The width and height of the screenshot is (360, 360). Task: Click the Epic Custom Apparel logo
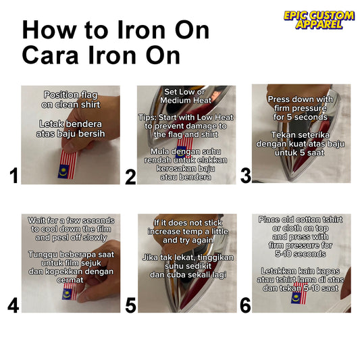[x=319, y=20]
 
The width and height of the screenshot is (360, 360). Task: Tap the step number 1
[x=14, y=176]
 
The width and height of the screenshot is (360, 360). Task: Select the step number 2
[x=130, y=177]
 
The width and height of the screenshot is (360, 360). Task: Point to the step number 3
[x=245, y=176]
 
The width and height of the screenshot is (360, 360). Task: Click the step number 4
[x=13, y=305]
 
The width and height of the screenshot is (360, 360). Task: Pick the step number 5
[x=130, y=305]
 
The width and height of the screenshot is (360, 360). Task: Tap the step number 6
[x=245, y=305]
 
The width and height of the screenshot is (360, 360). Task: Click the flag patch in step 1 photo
[x=68, y=164]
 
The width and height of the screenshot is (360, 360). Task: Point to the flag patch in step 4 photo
[x=70, y=291]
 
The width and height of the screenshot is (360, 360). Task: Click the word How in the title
[x=49, y=30]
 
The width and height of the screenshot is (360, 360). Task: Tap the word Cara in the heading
[x=50, y=55]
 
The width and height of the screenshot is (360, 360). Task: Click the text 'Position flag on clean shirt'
[x=71, y=100]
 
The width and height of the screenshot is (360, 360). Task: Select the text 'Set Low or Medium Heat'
[x=186, y=96]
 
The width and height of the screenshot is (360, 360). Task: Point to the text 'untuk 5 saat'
[x=300, y=153]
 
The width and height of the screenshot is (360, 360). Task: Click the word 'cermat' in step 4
[x=70, y=280]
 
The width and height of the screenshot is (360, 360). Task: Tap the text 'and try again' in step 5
[x=188, y=240]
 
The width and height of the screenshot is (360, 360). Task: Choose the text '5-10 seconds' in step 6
[x=301, y=254]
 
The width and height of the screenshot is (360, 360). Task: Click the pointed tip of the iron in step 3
[x=290, y=180]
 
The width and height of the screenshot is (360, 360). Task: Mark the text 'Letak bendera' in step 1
[x=70, y=124]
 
